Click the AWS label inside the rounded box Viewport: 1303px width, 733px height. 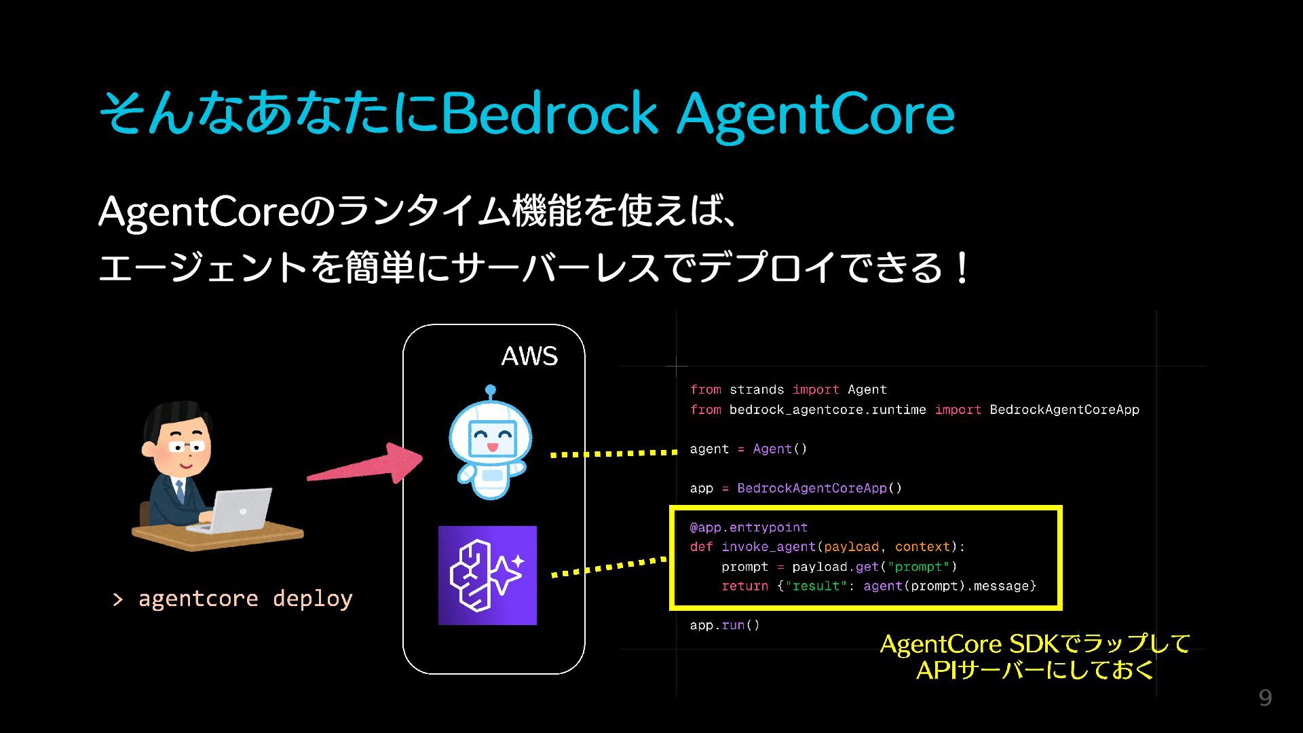[529, 356]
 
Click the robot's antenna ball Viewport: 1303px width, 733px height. [491, 390]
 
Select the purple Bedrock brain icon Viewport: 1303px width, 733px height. [487, 575]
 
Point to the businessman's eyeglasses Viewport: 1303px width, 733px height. [186, 447]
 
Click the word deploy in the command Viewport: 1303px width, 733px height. [312, 599]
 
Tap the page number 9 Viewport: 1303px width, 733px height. [1265, 698]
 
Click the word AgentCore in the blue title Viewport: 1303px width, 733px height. [816, 113]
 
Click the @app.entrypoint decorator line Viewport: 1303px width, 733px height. [749, 527]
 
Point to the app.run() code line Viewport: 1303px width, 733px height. [725, 625]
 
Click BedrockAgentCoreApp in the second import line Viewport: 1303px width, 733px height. [1064, 409]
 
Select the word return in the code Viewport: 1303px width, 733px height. [744, 586]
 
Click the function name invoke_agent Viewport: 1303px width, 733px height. [768, 547]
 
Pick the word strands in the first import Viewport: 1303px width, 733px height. [757, 390]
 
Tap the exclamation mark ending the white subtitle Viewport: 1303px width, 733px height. [961, 269]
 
